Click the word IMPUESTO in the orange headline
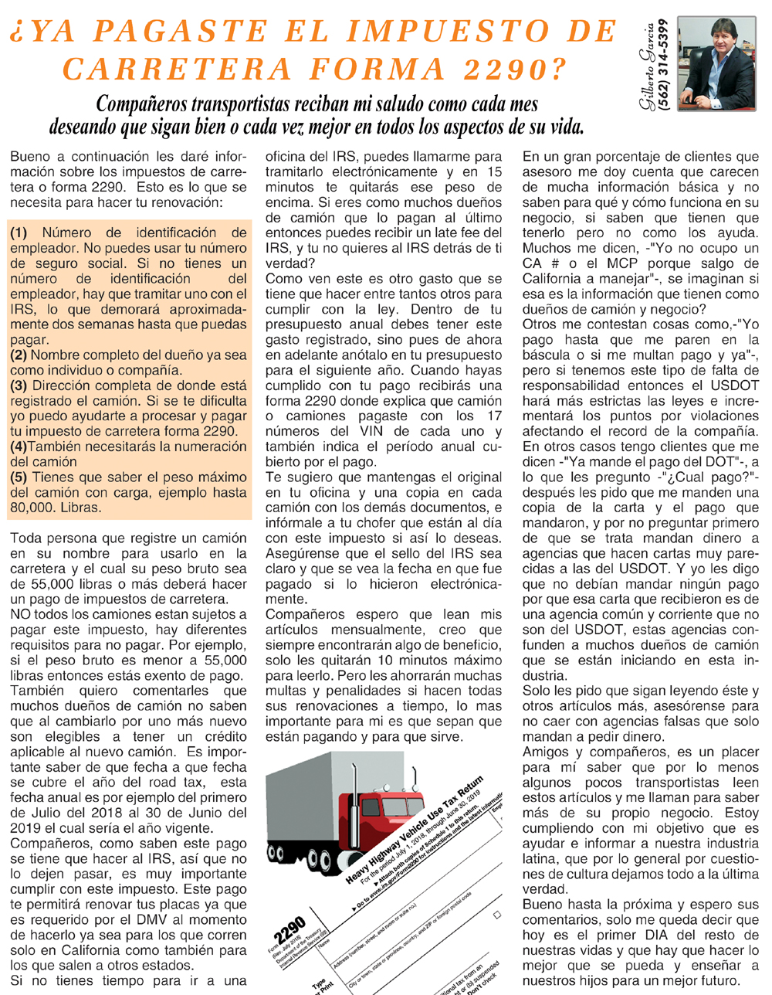448,32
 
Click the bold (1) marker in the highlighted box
19,233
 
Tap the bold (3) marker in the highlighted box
19,385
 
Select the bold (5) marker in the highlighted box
19,477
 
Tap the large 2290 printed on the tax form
289,933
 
